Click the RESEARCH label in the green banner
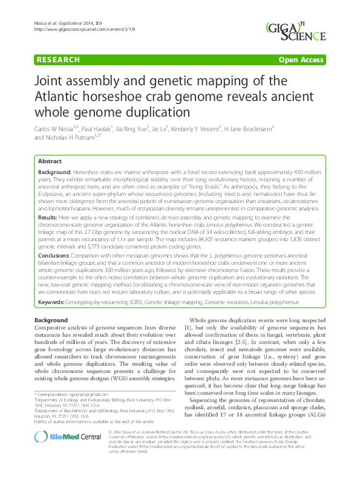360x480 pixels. coord(58,60)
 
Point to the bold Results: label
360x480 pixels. coord(48,216)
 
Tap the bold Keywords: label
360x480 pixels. coord(53,301)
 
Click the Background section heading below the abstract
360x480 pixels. coord(51,319)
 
